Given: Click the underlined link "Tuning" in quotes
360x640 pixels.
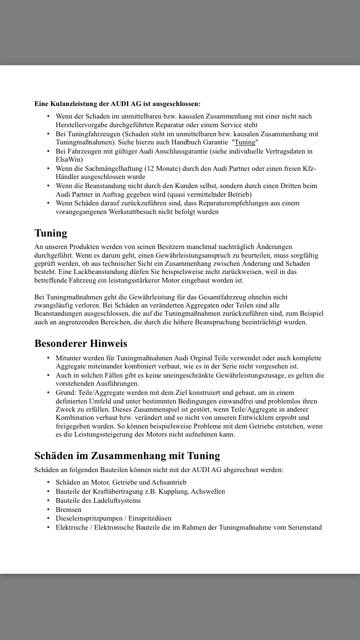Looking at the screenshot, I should [245, 142].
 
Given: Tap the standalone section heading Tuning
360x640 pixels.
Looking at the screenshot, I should [51, 233].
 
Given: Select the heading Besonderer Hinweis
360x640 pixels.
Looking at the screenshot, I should [81, 344].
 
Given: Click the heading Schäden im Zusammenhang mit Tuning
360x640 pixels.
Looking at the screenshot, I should [127, 455].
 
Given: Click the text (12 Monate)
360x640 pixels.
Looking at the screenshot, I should [181, 168].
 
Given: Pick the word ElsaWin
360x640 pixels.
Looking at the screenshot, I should [69, 159].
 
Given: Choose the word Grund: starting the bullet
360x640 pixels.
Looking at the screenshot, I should [66, 392].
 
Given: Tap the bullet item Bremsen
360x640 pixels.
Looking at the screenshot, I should [69, 510].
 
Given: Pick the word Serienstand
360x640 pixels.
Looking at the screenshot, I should [305, 527].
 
